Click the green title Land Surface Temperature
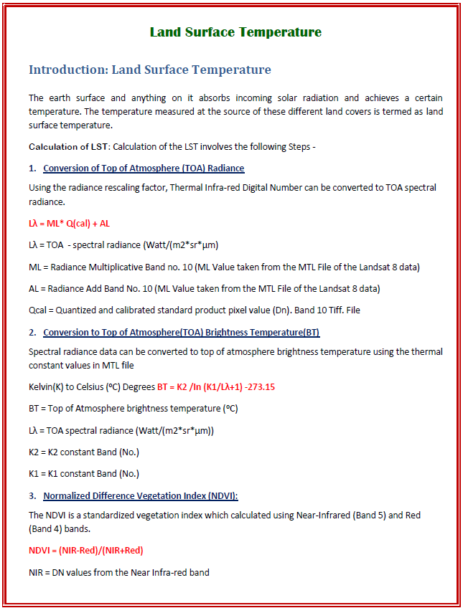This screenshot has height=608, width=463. pos(235,32)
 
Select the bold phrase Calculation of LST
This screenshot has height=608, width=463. pos(68,146)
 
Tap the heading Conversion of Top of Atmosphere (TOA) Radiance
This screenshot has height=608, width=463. pos(144,168)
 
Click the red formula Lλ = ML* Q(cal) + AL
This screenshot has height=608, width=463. pos(69,224)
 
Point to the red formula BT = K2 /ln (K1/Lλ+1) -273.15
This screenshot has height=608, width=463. pos(216,386)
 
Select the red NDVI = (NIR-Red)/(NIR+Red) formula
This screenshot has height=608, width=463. pos(85,551)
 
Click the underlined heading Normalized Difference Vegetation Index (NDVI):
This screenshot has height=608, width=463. pos(141,495)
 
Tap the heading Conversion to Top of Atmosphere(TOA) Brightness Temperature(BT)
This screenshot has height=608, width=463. pos(181,332)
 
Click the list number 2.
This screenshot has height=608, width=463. pos(32,332)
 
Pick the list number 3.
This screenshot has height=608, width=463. pos(32,495)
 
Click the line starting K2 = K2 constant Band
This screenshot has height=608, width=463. pos(84,452)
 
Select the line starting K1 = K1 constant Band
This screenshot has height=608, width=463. pos(84,473)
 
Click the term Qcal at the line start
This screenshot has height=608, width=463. pos(37,310)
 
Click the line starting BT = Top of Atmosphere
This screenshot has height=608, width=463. pos(134,408)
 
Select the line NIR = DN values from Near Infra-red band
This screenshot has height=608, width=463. pos(119,572)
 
